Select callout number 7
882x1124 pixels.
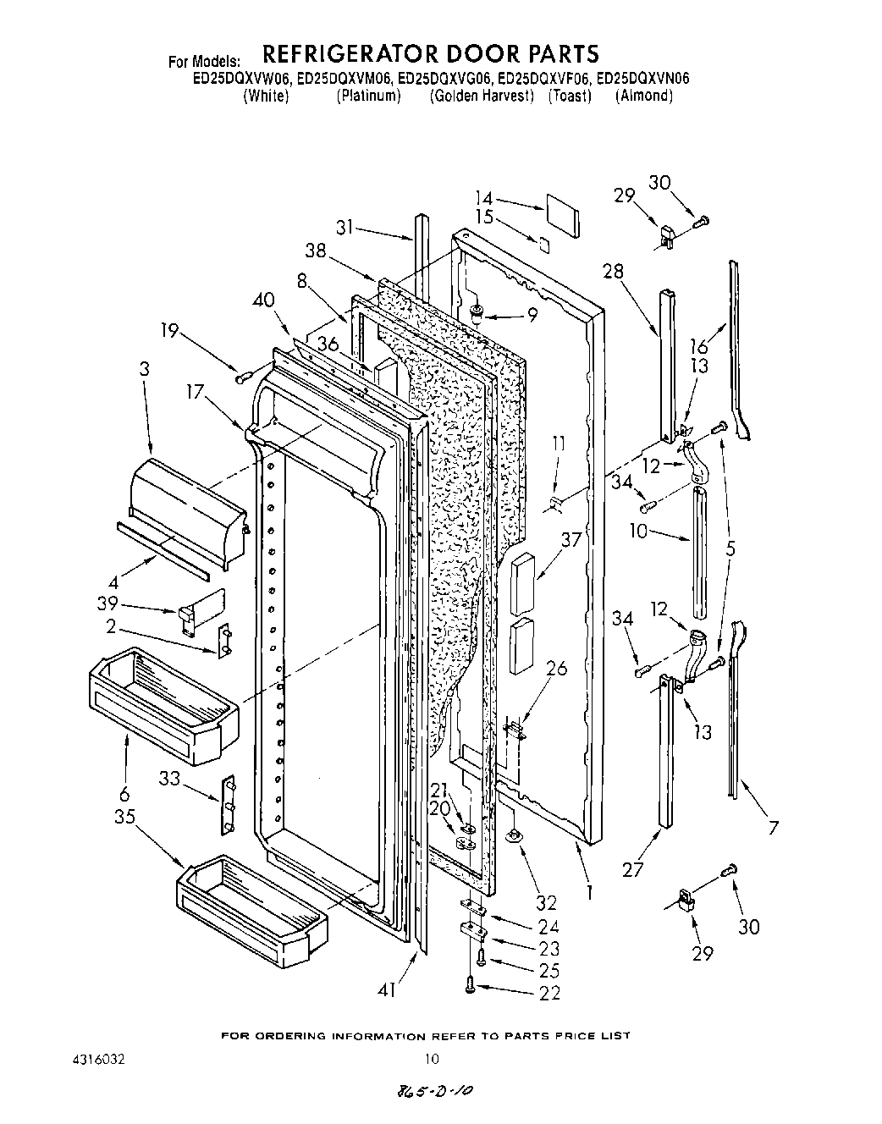coord(773,828)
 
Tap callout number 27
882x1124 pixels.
coord(632,869)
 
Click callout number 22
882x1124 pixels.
coord(549,993)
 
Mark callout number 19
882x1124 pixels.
coord(172,330)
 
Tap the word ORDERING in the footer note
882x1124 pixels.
coord(295,1036)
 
